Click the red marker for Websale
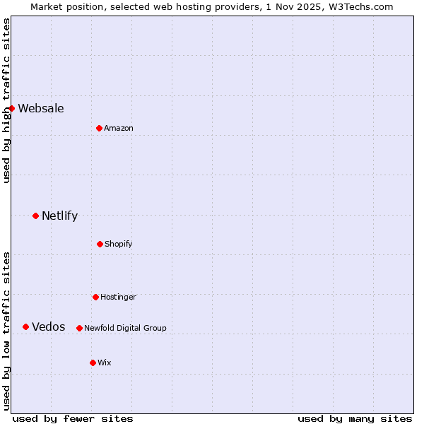click(11, 108)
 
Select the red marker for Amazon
click(99, 128)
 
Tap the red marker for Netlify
click(35, 216)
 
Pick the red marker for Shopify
click(100, 244)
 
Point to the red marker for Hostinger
click(95, 297)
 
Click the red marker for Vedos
click(25, 326)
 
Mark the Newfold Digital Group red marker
click(79, 328)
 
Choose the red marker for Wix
click(93, 363)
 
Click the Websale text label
click(41, 108)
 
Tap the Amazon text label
click(119, 128)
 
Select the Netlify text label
click(59, 216)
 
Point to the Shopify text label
click(119, 244)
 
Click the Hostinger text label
click(118, 297)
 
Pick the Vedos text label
click(49, 326)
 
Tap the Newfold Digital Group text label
click(125, 328)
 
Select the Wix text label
click(105, 363)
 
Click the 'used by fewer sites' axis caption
click(73, 418)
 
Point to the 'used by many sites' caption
click(355, 418)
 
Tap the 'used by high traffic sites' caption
click(6, 100)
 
